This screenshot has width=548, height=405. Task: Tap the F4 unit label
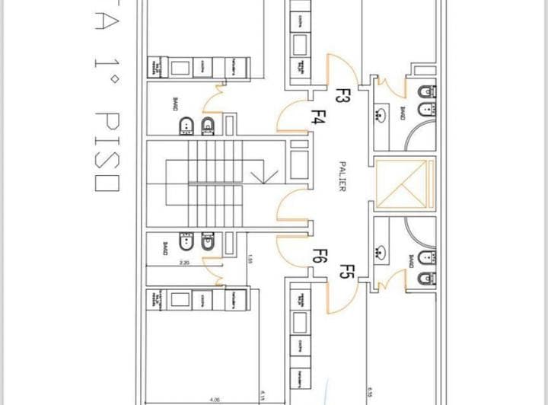(319, 118)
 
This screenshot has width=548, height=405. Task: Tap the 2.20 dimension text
(184, 263)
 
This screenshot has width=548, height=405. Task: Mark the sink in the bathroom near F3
(381, 115)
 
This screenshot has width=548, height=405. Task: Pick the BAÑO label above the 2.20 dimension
(166, 249)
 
